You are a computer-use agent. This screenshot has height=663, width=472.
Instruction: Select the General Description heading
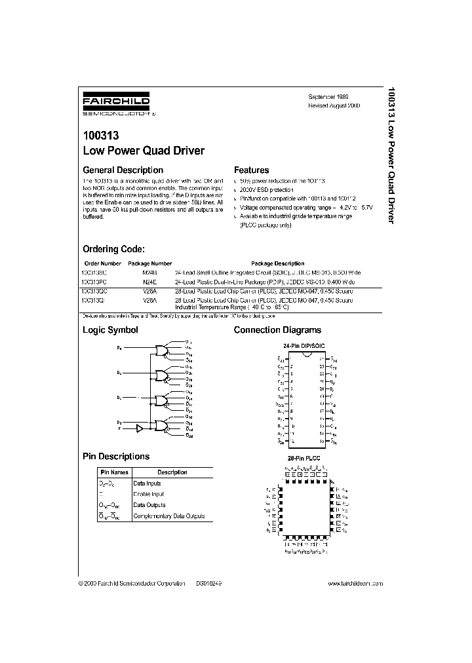[x=123, y=170]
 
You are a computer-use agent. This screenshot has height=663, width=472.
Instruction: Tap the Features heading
[x=251, y=170]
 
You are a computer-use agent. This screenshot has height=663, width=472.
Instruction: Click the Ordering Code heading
[x=113, y=250]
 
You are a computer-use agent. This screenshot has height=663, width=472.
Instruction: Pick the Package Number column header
[x=153, y=263]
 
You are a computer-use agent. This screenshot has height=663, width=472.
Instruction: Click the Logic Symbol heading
[x=109, y=330]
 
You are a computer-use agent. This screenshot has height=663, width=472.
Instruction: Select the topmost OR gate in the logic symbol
[x=161, y=350]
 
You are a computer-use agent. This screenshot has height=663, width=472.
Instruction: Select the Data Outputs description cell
[x=149, y=505]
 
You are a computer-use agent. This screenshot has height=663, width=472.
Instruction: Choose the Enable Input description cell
[x=149, y=494]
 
